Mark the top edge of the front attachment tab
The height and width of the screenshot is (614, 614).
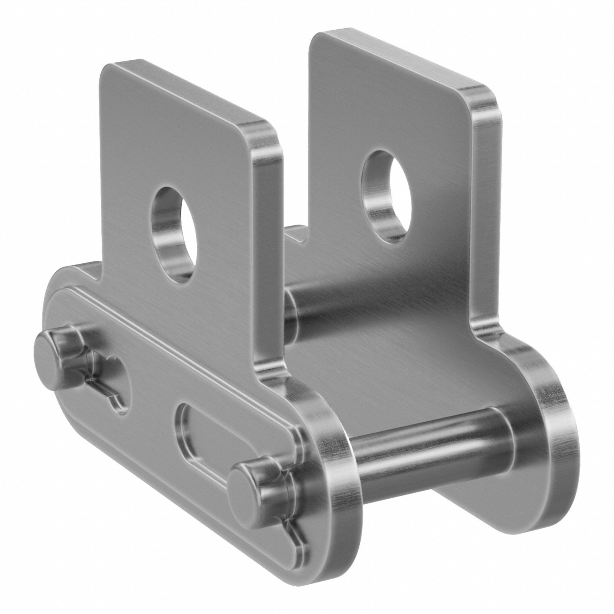188,92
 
